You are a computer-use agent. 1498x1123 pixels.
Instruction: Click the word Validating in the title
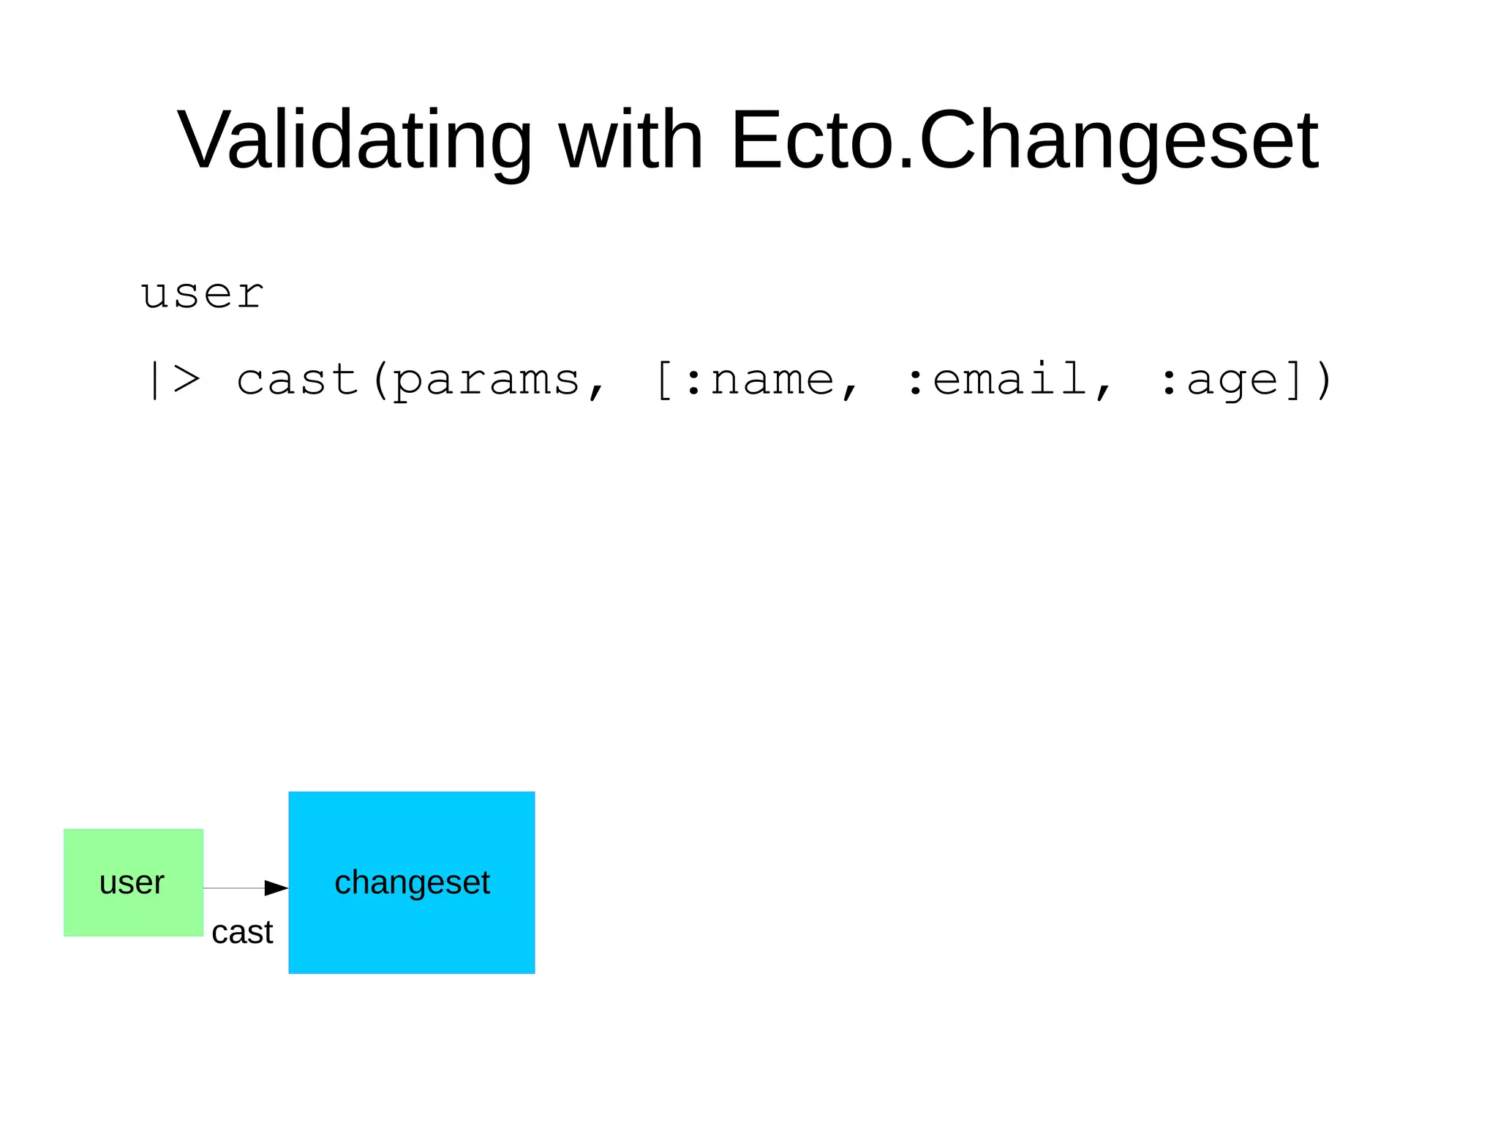tap(355, 140)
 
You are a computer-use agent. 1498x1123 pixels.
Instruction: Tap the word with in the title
tap(631, 140)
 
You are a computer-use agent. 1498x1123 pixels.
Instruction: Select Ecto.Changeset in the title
tap(1024, 140)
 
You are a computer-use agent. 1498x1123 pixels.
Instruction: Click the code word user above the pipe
tap(202, 295)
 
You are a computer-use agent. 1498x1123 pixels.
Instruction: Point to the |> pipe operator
tap(173, 380)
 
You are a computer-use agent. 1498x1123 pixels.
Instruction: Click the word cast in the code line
tap(297, 380)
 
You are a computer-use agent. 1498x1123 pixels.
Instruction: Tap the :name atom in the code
tap(760, 380)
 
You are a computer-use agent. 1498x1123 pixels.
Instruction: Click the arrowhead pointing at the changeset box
tap(276, 887)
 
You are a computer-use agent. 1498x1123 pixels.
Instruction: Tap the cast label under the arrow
tap(242, 933)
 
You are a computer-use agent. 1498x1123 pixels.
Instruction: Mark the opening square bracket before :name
tap(663, 380)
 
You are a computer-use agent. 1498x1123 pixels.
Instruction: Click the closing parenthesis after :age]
tap(1322, 380)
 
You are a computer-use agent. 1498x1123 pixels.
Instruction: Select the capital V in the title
tap(200, 140)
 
